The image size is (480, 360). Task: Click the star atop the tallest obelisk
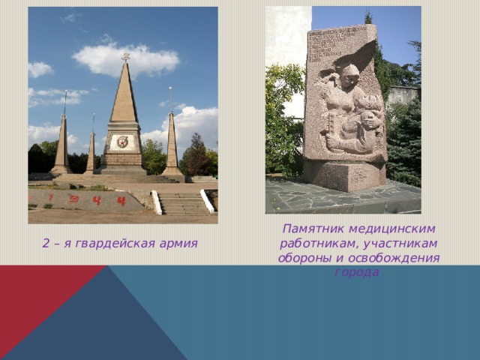point(125,57)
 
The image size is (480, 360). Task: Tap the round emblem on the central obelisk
point(123,141)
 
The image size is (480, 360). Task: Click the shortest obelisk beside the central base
point(91,154)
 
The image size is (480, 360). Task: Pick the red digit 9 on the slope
point(73,199)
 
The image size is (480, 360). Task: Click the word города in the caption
point(356,271)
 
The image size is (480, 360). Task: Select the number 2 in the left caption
point(46,243)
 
